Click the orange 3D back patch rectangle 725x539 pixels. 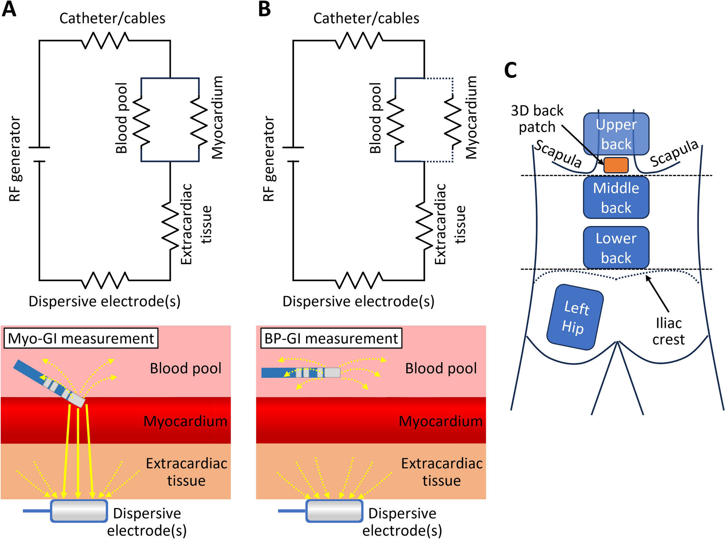616,165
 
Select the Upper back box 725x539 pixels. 616,134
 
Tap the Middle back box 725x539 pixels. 616,198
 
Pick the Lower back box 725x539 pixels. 616,248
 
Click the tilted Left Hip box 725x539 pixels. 575,317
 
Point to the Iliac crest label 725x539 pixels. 668,331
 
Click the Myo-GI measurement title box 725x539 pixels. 81,338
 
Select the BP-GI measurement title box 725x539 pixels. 331,338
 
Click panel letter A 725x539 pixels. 9,9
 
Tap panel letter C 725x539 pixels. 510,70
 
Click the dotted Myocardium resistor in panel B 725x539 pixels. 453,120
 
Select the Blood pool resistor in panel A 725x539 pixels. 141,120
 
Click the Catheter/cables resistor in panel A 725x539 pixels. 105,40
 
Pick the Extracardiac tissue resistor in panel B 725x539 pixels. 424,225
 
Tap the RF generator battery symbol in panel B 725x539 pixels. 293,154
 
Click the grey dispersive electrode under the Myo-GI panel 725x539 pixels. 79,511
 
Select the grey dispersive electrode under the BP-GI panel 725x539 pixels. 334,511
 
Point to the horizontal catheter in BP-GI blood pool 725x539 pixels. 301,373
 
